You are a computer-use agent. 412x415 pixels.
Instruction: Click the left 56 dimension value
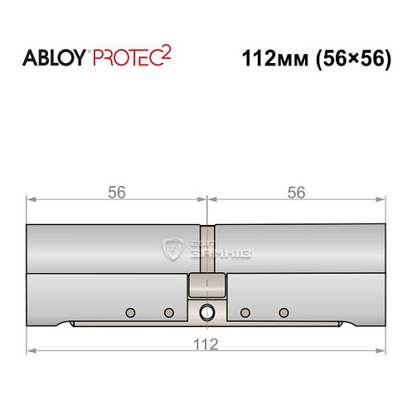(116, 192)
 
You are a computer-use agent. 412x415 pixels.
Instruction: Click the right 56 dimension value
(296, 192)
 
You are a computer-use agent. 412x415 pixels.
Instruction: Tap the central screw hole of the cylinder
(206, 313)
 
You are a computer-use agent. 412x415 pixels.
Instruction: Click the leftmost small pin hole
(129, 313)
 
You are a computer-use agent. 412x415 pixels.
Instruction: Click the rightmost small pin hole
(284, 313)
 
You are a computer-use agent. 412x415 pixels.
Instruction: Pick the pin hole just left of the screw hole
(168, 313)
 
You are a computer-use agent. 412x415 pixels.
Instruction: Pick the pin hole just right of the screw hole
(245, 313)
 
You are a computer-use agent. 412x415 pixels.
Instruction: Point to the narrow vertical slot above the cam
(207, 249)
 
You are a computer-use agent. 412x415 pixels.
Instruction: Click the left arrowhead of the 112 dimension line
(31, 350)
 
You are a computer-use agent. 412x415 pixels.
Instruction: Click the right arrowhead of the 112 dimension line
(383, 350)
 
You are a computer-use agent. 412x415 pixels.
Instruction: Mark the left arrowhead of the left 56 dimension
(31, 199)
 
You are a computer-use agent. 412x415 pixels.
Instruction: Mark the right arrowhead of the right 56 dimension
(383, 199)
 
